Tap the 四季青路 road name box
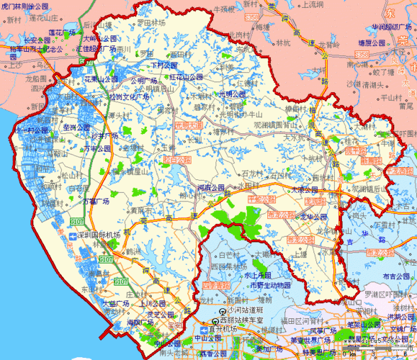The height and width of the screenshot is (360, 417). [x=218, y=285]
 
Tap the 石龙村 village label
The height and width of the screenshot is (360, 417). [x=254, y=174]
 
